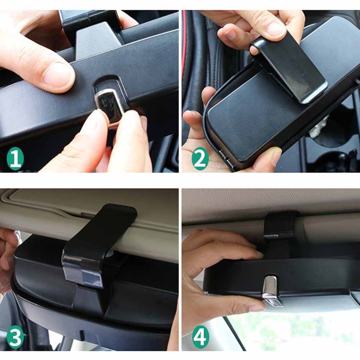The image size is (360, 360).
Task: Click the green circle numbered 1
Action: point(15,158)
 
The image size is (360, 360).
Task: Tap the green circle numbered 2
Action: point(200,158)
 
